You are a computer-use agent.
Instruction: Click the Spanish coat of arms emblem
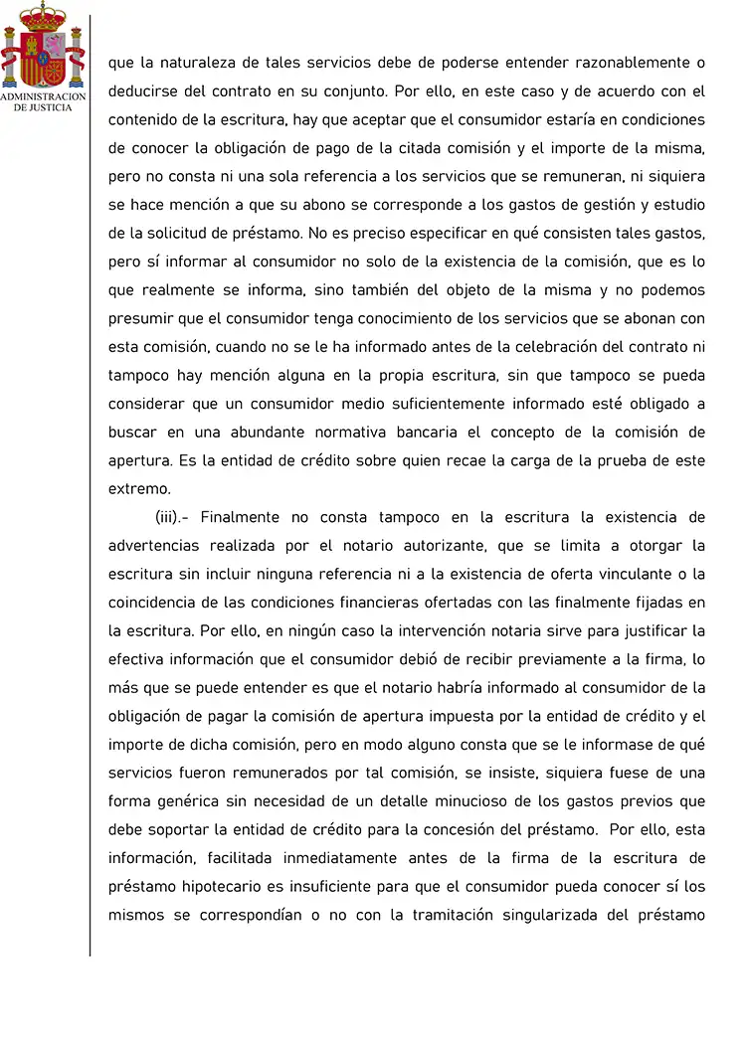(43, 47)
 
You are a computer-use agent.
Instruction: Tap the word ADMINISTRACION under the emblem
(43, 97)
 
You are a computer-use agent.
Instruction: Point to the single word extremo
(139, 489)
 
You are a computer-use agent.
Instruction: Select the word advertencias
(157, 546)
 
